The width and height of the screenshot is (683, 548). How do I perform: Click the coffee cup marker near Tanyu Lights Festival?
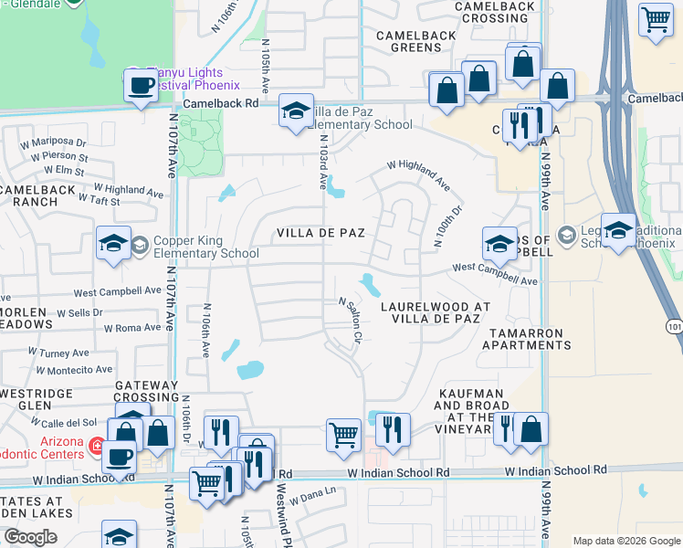[141, 87]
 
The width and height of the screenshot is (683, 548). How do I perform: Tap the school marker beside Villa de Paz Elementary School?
[296, 111]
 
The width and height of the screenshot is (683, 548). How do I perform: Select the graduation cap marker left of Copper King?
[113, 243]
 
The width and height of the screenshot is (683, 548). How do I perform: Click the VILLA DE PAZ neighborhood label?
[321, 233]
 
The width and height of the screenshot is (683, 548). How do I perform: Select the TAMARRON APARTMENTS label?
[530, 339]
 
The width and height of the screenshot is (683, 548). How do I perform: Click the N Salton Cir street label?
[352, 321]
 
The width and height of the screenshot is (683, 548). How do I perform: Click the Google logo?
[30, 537]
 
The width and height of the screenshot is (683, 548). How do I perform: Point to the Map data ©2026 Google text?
[625, 541]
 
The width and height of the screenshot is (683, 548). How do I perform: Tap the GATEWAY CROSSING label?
[146, 391]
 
